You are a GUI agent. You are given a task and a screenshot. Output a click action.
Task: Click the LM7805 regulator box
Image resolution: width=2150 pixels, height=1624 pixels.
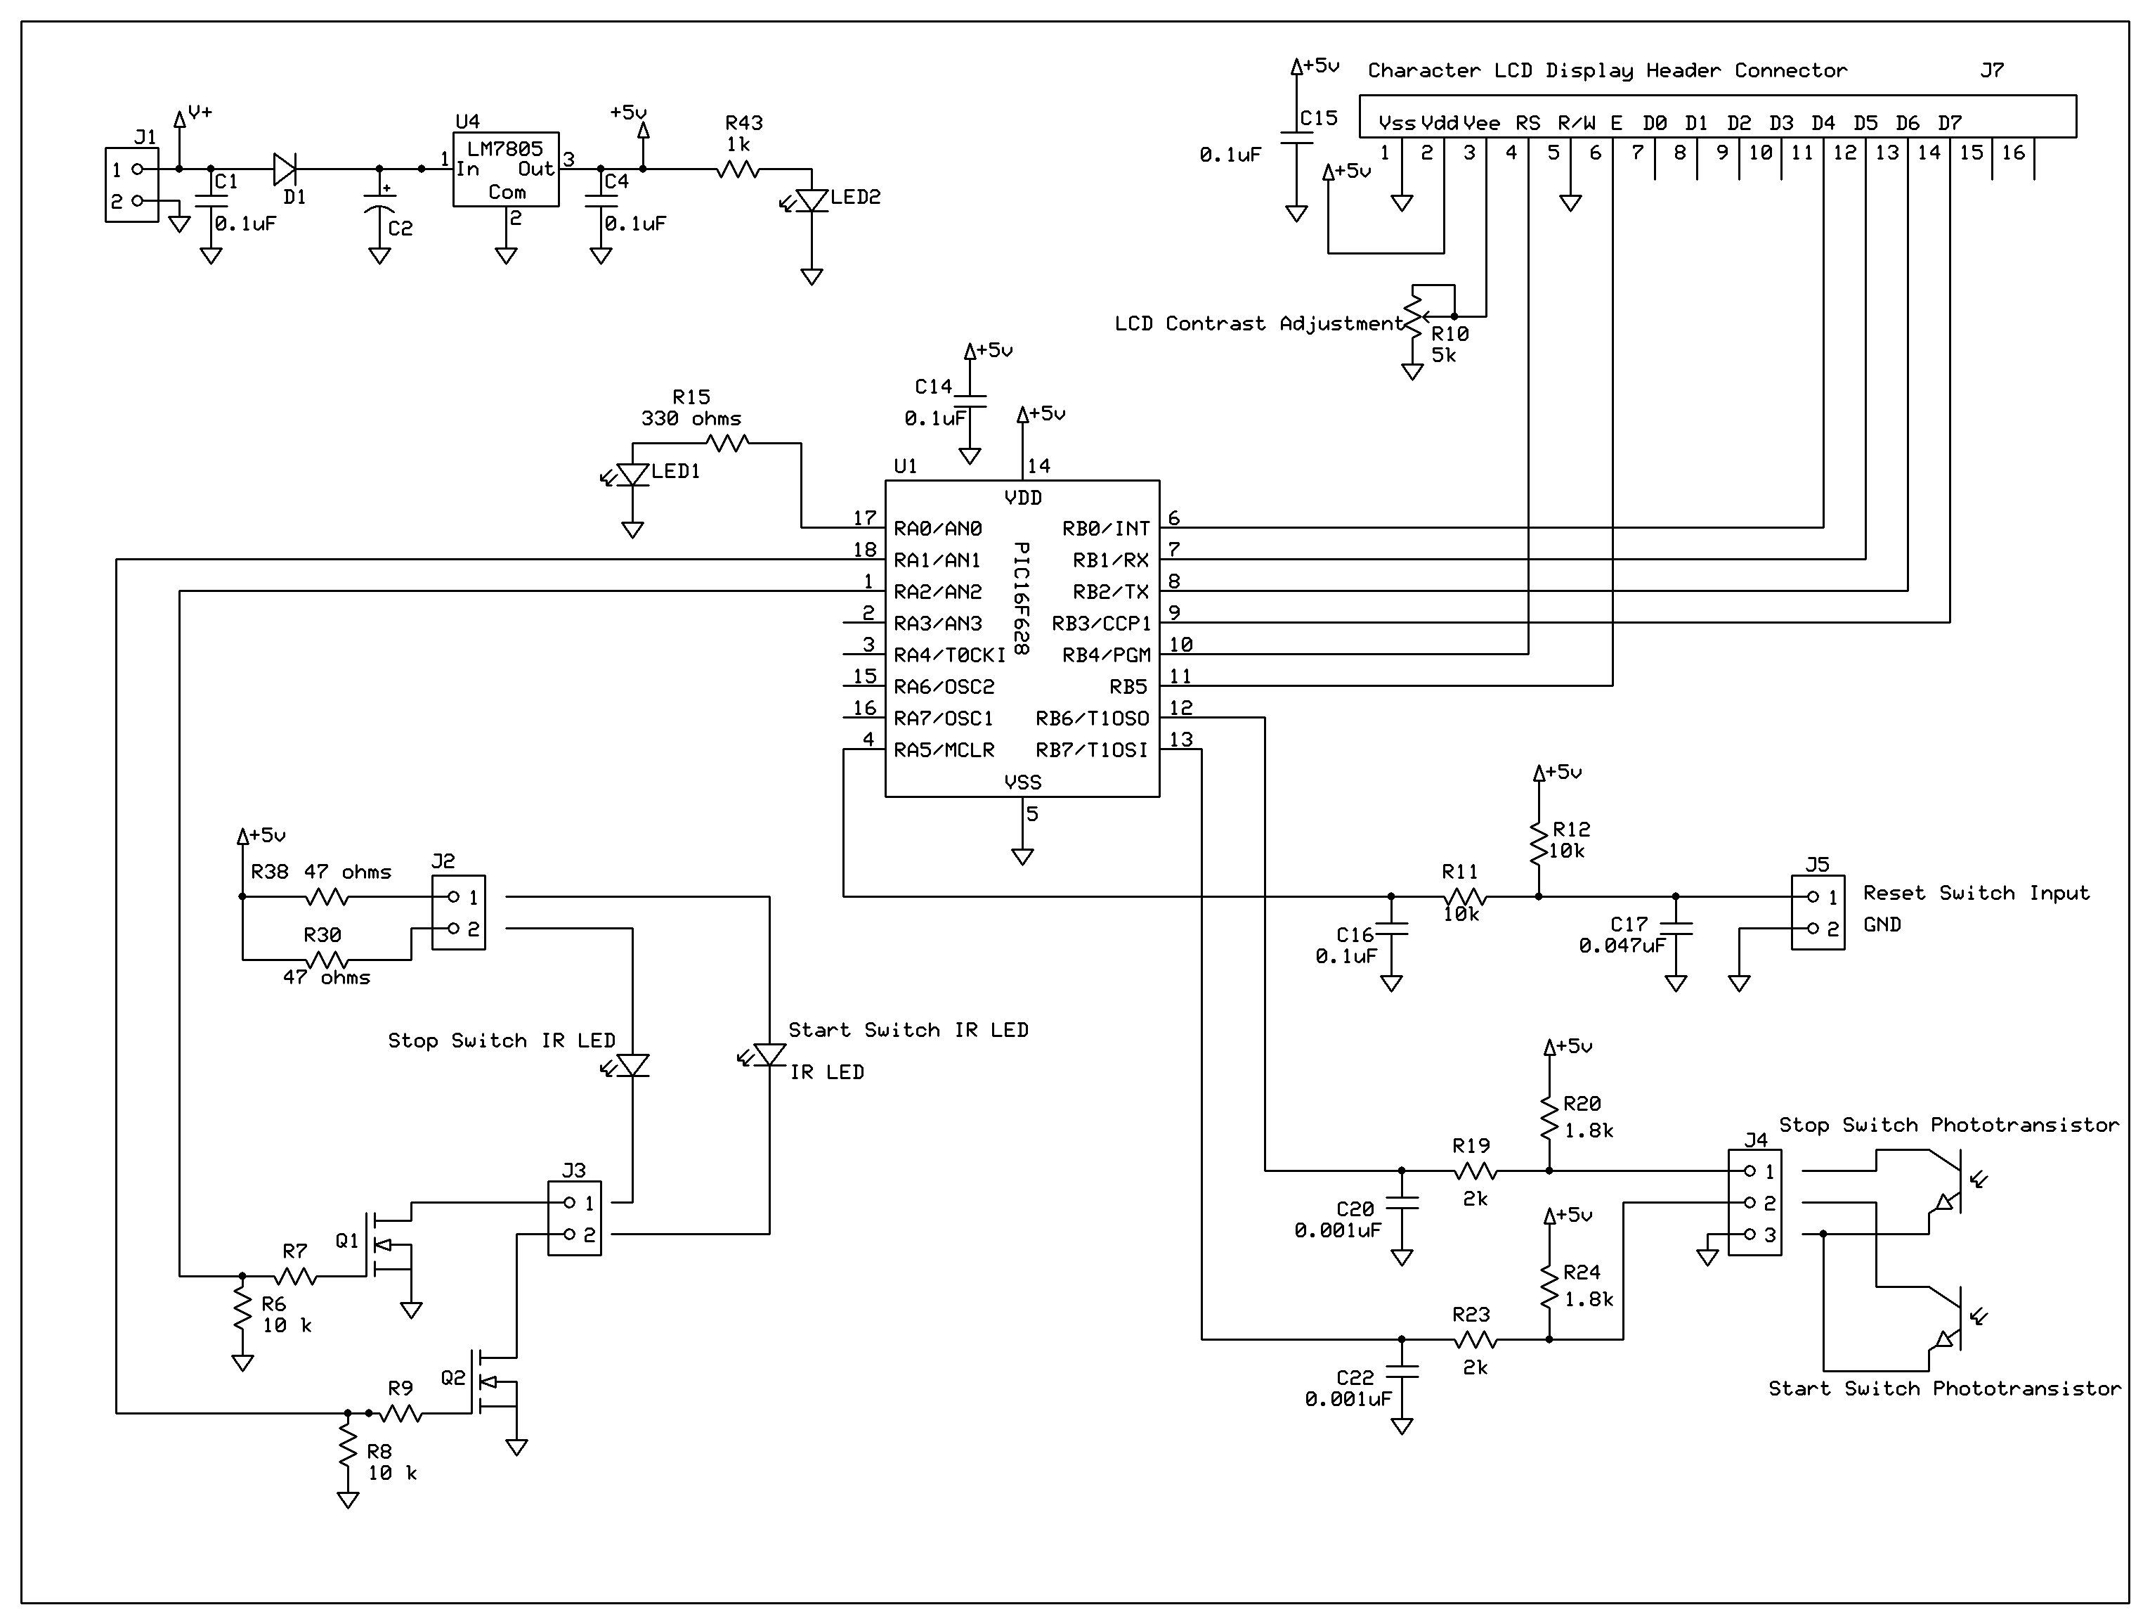click(505, 169)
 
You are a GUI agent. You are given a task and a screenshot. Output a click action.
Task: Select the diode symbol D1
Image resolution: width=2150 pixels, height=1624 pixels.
click(285, 169)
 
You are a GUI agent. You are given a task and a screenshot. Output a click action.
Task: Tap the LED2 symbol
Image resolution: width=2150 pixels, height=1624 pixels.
click(812, 200)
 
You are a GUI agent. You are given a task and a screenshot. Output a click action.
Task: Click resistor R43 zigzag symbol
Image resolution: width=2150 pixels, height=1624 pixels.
click(738, 169)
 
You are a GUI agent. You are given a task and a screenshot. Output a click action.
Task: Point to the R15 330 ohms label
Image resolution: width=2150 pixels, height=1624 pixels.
click(691, 418)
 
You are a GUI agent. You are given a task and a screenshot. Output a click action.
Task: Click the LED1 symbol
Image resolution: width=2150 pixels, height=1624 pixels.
click(633, 475)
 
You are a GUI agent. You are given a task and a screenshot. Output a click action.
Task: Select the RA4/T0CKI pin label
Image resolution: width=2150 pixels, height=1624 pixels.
click(949, 655)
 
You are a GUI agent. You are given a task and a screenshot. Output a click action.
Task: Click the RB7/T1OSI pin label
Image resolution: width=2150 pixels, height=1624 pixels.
click(1092, 749)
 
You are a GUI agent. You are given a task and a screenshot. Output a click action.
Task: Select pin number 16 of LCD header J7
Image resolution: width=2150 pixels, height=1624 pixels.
click(2013, 153)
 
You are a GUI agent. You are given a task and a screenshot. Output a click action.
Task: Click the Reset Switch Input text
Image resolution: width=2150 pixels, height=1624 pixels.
click(1975, 893)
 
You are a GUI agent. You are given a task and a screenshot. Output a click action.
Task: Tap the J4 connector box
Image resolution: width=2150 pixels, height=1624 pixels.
click(1754, 1202)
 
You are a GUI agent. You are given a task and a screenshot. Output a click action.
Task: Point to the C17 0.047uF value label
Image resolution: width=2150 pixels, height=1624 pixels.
click(1622, 946)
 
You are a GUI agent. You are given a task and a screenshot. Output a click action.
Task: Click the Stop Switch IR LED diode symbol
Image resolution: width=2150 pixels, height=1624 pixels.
click(633, 1066)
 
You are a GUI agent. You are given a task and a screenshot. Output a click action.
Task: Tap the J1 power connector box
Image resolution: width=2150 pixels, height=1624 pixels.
click(131, 185)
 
